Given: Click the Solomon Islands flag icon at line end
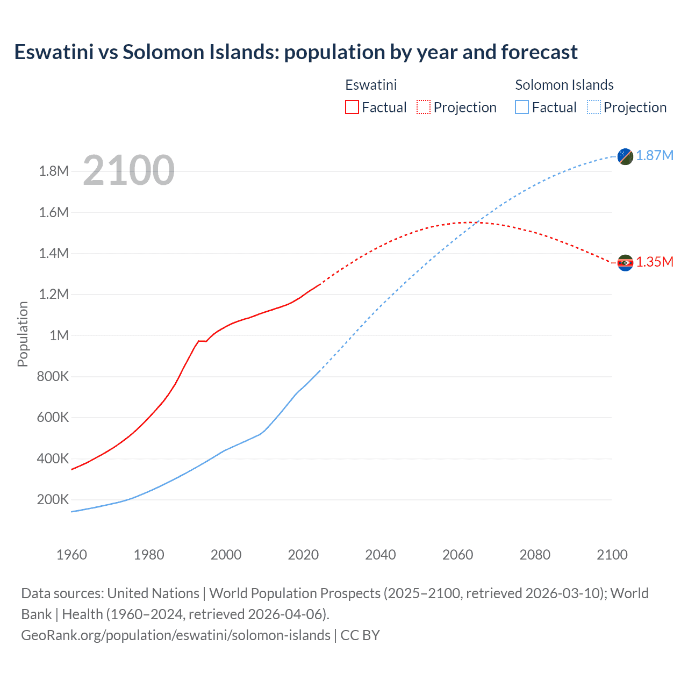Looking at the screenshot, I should point(625,156).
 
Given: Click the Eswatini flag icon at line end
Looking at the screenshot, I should point(625,263).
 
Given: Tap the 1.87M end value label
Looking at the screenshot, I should point(655,156).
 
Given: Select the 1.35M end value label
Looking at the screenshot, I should point(655,262).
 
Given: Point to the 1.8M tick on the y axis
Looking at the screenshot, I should point(54,171).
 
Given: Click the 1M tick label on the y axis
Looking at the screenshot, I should point(59,336).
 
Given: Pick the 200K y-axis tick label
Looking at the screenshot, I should point(53,500).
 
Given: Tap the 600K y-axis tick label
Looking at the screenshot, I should point(53,418).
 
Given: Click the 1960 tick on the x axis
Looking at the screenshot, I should point(71,555).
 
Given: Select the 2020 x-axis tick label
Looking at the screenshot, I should point(303,555).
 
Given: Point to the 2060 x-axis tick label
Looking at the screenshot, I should point(457,555).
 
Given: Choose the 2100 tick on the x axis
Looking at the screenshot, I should point(612,555).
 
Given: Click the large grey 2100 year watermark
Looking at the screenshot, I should point(129,170).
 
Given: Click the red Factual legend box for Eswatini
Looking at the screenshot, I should point(352,107).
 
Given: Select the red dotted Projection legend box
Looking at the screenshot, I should point(424,107).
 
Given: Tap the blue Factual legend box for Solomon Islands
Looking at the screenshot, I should point(522,107).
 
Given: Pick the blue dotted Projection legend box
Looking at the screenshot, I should point(593,107).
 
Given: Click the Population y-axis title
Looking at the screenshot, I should point(23,334).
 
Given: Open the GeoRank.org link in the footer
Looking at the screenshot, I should point(176,635).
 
